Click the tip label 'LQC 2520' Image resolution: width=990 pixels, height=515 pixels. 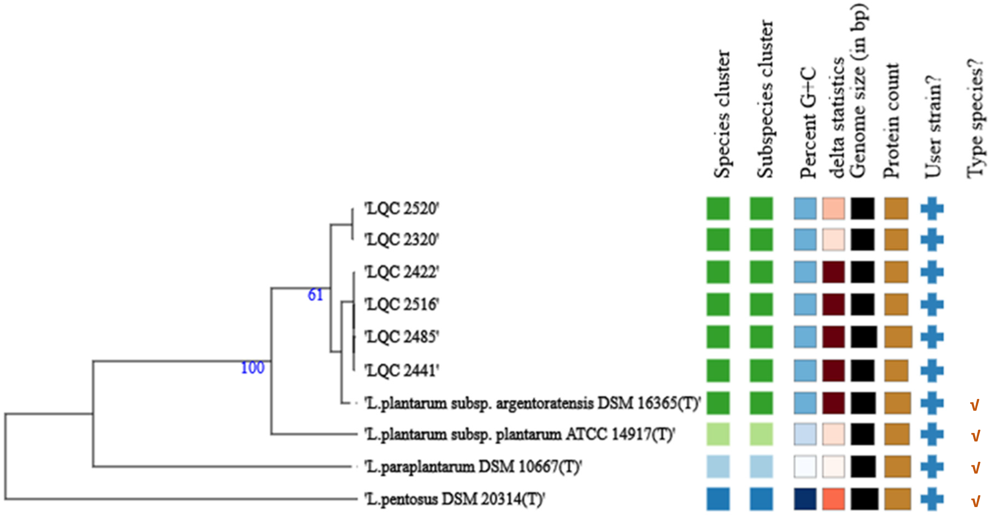coord(401,209)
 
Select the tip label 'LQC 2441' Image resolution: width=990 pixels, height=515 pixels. coord(401,371)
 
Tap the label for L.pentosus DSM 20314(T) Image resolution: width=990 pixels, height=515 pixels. coord(454,499)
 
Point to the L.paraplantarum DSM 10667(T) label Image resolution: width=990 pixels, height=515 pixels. coord(473,467)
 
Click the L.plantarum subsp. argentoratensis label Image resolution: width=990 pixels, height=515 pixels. coord(533,403)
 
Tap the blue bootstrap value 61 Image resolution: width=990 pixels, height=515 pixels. coord(315,296)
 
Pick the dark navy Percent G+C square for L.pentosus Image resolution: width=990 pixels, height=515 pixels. coord(805,499)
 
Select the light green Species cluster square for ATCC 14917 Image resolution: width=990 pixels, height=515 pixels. coord(718,435)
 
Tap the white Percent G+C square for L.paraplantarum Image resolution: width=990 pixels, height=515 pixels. coord(805,467)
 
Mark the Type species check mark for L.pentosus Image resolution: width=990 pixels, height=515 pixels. coord(975,501)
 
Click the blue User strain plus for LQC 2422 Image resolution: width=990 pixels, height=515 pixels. coord(932,272)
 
